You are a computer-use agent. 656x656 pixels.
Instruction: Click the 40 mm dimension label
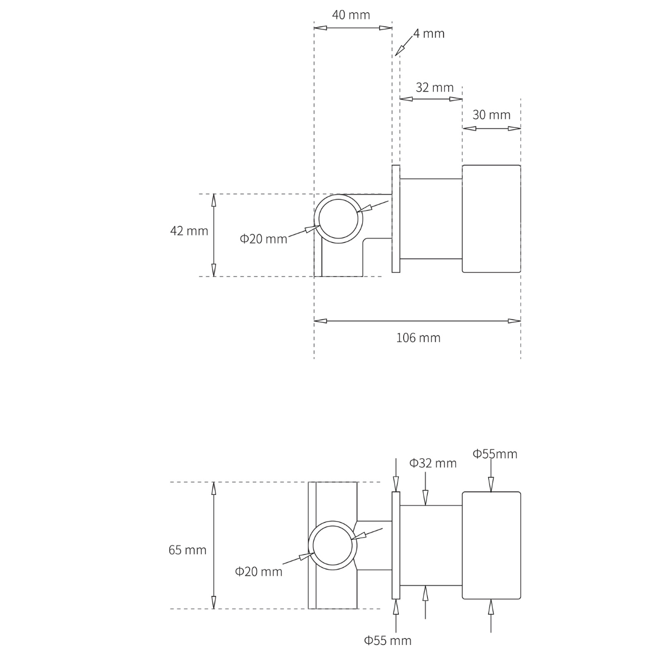[x=350, y=15]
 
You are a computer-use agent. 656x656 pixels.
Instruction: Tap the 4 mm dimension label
[x=429, y=33]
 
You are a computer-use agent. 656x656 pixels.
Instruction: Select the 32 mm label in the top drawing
[x=434, y=88]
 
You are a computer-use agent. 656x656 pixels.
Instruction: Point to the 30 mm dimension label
[x=491, y=115]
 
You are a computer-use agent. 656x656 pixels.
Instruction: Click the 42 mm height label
[x=189, y=231]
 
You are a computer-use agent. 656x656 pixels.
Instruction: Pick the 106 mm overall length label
[x=418, y=338]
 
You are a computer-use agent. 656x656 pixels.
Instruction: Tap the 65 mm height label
[x=187, y=550]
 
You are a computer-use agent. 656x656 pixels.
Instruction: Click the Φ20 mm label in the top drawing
[x=263, y=239]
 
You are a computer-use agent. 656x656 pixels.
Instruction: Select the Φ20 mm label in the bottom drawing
[x=258, y=572]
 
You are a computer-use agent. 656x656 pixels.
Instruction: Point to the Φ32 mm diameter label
[x=433, y=463]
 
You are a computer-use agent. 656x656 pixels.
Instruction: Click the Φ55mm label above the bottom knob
[x=495, y=454]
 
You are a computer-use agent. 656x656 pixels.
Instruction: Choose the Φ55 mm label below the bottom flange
[x=388, y=640]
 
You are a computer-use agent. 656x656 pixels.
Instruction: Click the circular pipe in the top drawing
[x=338, y=219]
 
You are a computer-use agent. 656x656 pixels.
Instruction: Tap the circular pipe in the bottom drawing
[x=332, y=545]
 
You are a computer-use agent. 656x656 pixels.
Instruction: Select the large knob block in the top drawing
[x=491, y=219]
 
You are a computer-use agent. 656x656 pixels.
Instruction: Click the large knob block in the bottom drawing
[x=491, y=545]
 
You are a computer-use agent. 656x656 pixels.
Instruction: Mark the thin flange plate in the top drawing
[x=395, y=219]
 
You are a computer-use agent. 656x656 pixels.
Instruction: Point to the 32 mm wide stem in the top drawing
[x=431, y=219]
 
